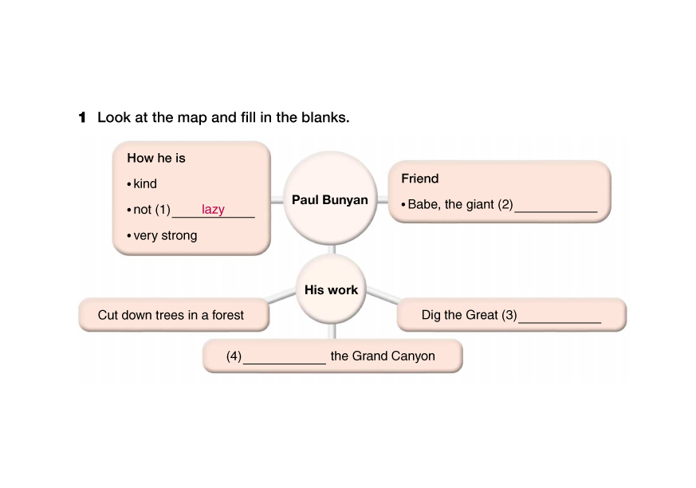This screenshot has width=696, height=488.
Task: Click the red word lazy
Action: (x=213, y=210)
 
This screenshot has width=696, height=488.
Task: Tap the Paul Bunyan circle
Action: (x=330, y=199)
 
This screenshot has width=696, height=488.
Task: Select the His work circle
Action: (x=332, y=290)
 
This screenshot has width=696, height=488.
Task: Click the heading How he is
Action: (x=156, y=158)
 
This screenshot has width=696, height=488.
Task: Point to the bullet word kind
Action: (x=145, y=184)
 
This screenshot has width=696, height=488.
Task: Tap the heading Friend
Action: (x=420, y=179)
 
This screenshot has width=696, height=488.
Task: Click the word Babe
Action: (x=423, y=205)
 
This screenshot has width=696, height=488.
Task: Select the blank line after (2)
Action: (x=556, y=209)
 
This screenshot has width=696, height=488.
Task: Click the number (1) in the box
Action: (x=163, y=211)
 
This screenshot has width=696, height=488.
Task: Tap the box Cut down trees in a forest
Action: (x=171, y=315)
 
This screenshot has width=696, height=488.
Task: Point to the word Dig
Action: (x=432, y=315)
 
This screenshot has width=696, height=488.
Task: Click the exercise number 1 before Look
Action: (x=82, y=118)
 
